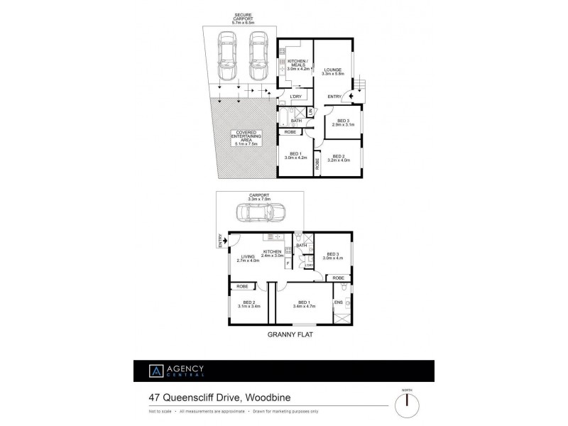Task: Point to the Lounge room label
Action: tap(333, 72)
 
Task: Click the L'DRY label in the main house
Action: tap(297, 97)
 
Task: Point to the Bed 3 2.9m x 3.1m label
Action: tap(343, 123)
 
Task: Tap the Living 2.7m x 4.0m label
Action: tap(248, 259)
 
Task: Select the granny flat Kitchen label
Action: tap(273, 253)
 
